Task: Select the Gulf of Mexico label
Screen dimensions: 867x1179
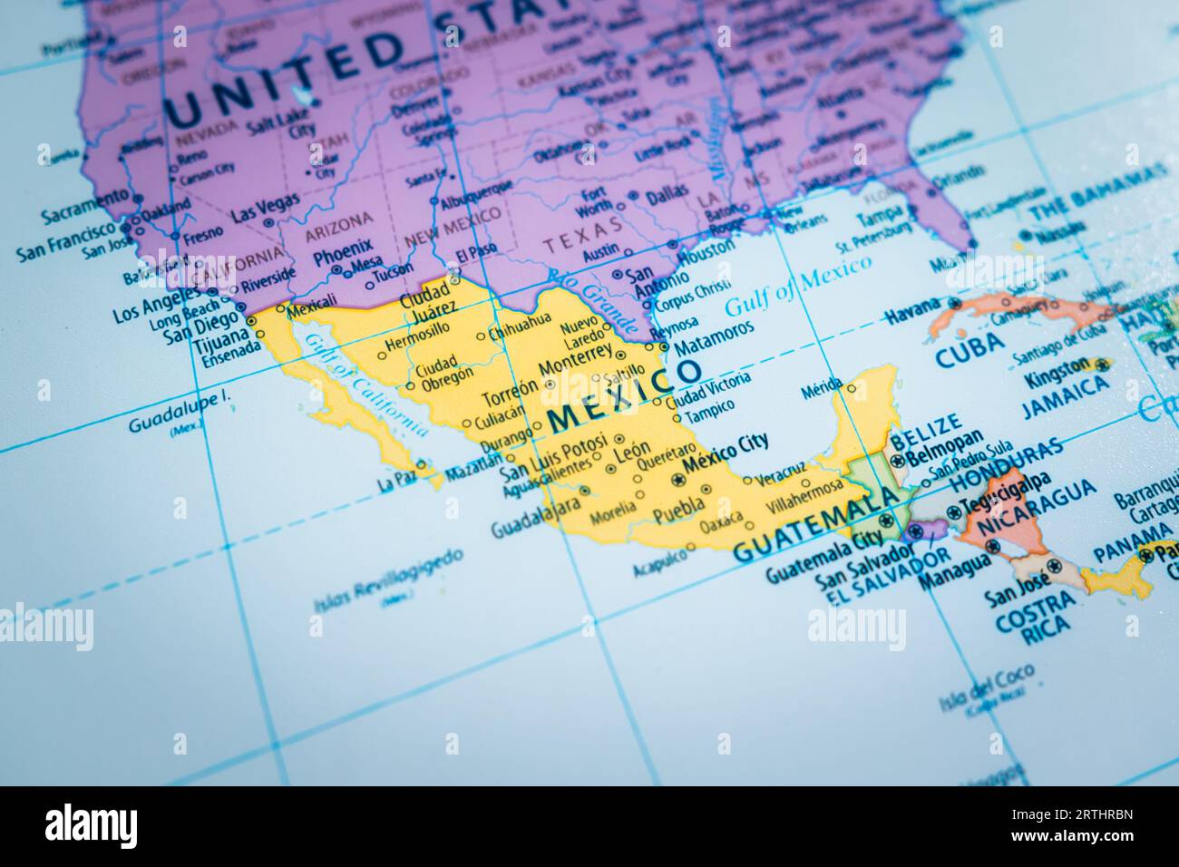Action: click(x=797, y=287)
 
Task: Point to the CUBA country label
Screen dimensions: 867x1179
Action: click(x=970, y=346)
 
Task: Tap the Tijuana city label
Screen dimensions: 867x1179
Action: click(x=217, y=344)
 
